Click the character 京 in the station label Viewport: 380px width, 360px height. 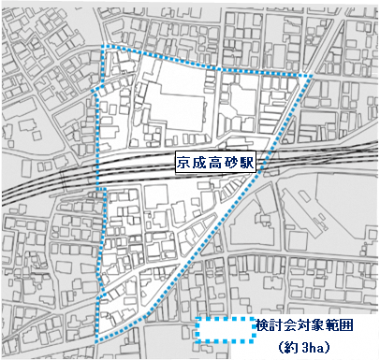(x=185, y=162)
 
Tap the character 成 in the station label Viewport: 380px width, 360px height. (x=201, y=162)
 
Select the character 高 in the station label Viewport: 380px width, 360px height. (x=217, y=162)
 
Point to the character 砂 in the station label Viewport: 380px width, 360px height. (x=233, y=162)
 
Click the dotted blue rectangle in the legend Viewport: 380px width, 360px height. (x=225, y=330)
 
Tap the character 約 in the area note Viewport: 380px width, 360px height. (x=292, y=348)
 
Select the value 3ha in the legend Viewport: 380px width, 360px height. (x=313, y=348)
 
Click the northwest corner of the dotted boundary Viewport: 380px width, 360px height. (x=103, y=47)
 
